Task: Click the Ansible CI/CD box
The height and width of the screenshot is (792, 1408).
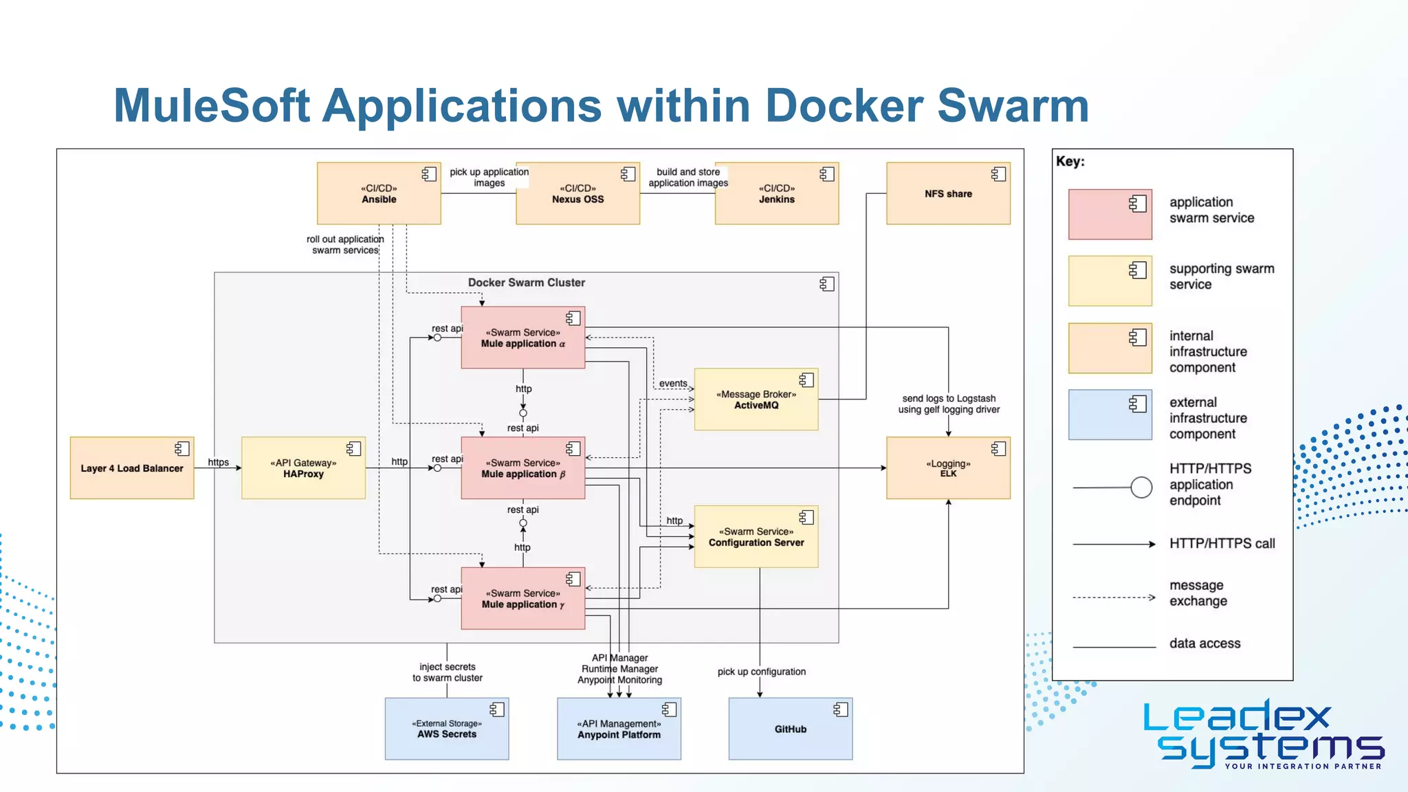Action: click(379, 193)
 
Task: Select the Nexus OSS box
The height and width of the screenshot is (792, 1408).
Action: click(577, 193)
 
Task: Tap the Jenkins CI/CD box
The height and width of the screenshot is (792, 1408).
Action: click(776, 193)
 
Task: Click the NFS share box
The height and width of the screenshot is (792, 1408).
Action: click(948, 193)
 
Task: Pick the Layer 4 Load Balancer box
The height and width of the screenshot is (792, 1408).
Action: click(132, 468)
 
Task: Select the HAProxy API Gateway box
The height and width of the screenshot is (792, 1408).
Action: click(303, 468)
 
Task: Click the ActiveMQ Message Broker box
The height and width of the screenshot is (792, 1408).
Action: click(756, 399)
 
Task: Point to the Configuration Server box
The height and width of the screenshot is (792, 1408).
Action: click(756, 537)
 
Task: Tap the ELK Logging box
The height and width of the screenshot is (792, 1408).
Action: click(948, 468)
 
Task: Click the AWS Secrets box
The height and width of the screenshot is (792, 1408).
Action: click(447, 729)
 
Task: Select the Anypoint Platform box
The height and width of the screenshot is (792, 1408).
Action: click(619, 729)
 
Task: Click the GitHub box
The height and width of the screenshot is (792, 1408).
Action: click(791, 729)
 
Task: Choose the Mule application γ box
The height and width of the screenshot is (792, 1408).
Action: click(522, 599)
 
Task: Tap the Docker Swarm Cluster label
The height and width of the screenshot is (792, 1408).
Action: click(527, 283)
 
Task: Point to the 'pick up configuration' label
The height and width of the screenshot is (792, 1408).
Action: click(761, 672)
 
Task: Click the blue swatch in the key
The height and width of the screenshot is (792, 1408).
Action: click(1110, 415)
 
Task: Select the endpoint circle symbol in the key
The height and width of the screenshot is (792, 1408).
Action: click(1141, 487)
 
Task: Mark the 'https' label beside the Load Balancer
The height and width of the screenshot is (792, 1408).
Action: click(219, 462)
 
